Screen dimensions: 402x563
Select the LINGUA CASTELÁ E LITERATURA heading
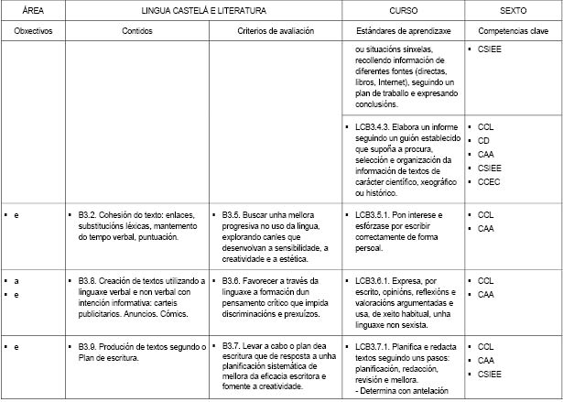tap(204, 10)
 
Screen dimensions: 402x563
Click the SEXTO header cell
tap(513, 10)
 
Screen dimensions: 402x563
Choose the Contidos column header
tap(137, 30)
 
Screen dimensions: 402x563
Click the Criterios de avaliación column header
tap(275, 30)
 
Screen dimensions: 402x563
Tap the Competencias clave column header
tap(513, 30)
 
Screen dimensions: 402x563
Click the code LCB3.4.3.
tap(373, 126)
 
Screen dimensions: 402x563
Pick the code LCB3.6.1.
tap(373, 280)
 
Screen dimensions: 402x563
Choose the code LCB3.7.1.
tap(373, 346)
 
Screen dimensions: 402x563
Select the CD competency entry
tap(483, 141)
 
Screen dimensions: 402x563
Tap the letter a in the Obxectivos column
tap(16, 280)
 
